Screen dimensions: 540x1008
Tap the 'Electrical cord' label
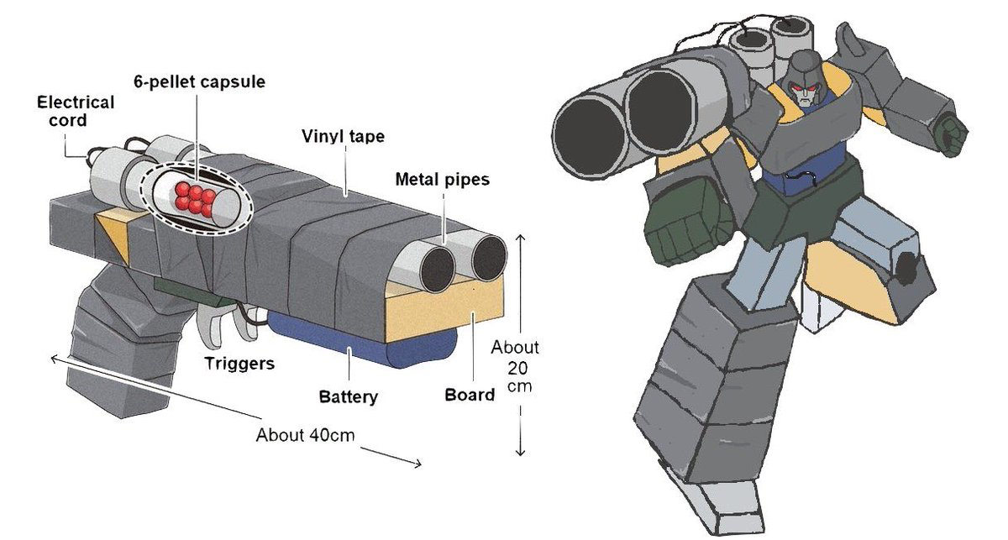(76, 112)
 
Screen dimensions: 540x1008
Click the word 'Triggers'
(240, 364)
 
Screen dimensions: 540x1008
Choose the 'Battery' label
(348, 396)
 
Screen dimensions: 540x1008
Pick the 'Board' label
(469, 394)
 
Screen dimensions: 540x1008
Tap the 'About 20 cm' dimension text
(515, 368)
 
